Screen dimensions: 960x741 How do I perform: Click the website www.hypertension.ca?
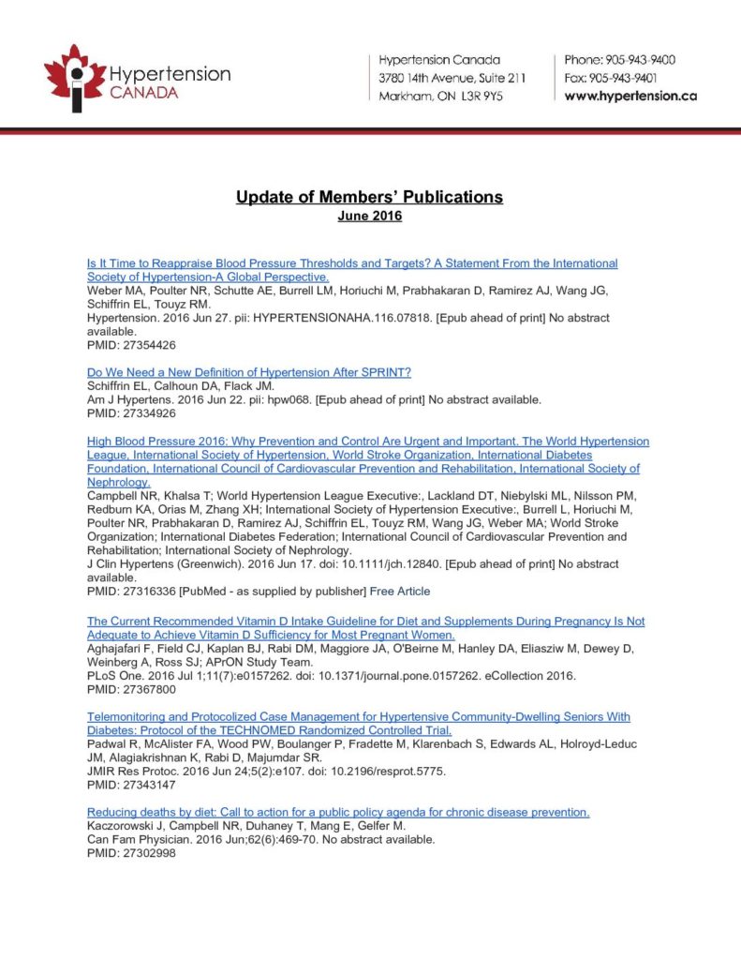[x=630, y=97]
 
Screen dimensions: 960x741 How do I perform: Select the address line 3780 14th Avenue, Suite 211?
[x=452, y=78]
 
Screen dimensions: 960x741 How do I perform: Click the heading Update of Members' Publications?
[x=369, y=197]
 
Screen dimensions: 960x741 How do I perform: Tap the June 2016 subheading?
[x=369, y=217]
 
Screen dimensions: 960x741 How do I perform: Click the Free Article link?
[x=400, y=592]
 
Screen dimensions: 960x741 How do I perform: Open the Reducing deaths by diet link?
[x=338, y=812]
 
